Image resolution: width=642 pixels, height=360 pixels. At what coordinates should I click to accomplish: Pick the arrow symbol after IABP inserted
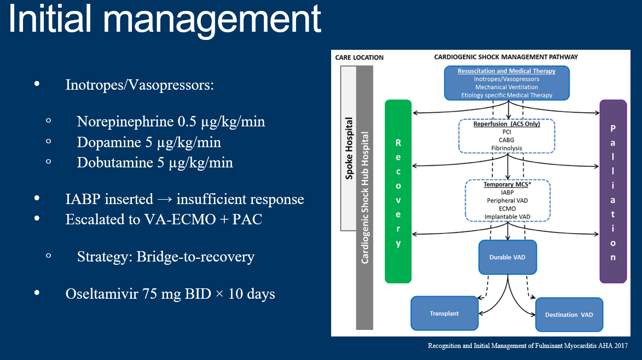point(165,199)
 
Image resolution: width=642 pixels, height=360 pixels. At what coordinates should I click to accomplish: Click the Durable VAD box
point(507,257)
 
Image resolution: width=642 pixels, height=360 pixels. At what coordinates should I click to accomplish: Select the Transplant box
point(444,313)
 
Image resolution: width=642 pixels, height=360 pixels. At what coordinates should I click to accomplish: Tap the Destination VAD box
point(569,315)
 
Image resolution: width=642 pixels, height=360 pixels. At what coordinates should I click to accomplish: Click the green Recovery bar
point(398,191)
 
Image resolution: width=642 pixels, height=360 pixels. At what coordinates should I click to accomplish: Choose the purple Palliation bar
point(613,191)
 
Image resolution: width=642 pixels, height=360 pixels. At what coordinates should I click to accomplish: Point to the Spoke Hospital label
point(349,148)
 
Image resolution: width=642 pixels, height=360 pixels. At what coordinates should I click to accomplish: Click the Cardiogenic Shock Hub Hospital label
point(365,198)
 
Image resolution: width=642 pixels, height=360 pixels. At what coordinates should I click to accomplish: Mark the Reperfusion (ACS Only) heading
point(506,124)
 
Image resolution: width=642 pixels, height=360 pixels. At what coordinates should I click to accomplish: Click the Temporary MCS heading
point(507,184)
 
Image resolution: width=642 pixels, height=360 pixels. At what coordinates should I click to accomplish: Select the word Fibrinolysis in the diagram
point(506,148)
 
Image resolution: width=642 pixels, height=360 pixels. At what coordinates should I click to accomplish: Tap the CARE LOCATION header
point(359,57)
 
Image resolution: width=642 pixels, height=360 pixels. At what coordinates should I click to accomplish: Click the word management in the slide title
point(212,20)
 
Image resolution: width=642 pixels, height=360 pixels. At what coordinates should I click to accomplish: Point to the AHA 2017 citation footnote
point(528,346)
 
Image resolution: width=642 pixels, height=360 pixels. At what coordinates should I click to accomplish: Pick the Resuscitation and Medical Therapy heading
point(506,71)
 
